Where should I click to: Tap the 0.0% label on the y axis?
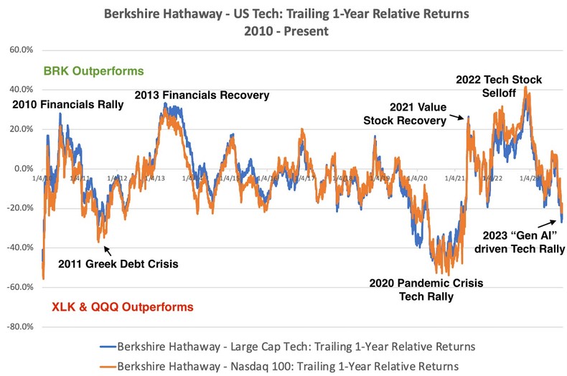click(22, 169)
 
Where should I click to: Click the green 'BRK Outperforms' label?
click(93, 71)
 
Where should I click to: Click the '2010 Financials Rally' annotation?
click(68, 105)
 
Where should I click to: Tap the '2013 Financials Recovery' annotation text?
click(202, 95)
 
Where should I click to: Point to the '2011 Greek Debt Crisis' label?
click(118, 263)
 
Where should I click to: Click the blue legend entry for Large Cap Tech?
click(295, 347)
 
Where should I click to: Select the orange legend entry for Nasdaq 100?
click(288, 366)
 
